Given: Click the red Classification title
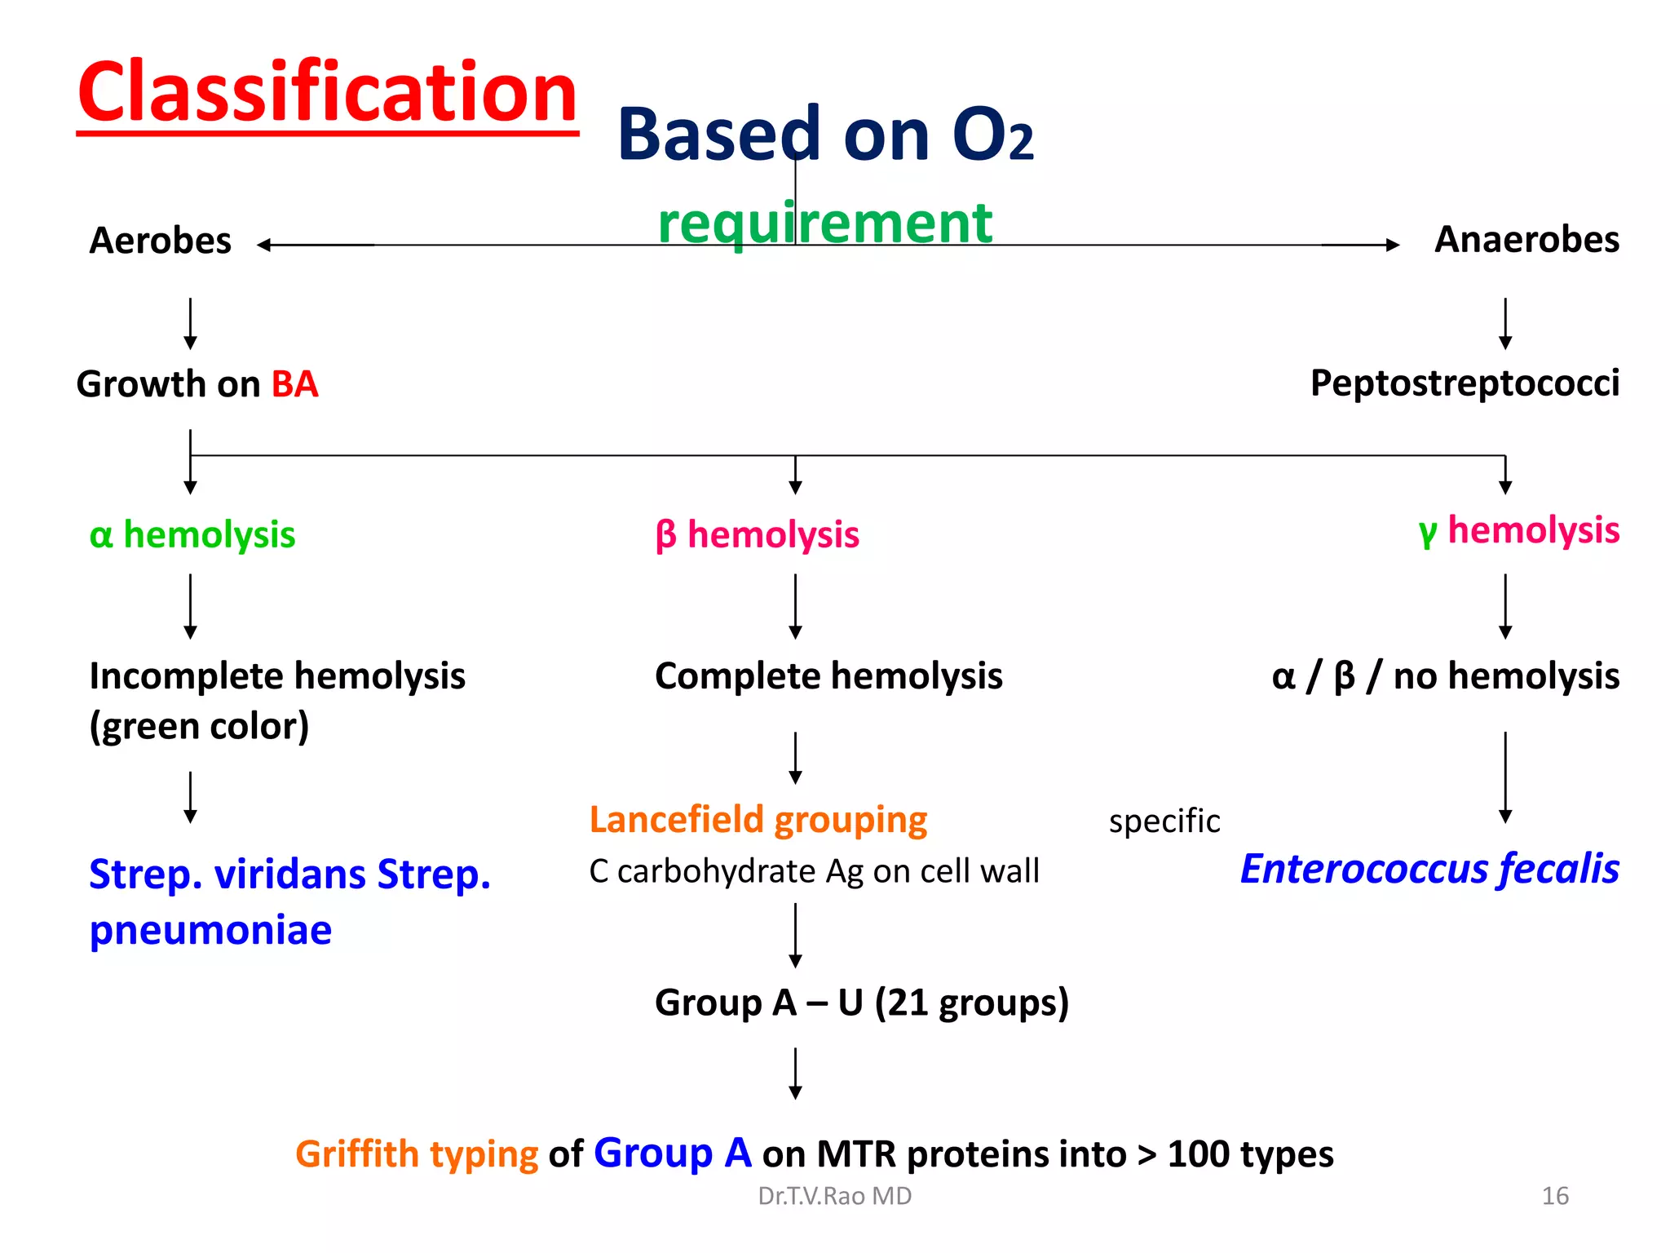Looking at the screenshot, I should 327,92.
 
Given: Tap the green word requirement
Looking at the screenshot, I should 824,222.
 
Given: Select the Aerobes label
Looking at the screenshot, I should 160,241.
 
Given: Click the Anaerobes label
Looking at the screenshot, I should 1526,240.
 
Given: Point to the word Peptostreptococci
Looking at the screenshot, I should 1464,383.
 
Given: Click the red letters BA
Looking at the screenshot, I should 294,384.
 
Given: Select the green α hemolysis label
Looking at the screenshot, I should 192,535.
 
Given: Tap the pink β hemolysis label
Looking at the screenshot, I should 757,535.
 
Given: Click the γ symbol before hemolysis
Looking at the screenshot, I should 1427,533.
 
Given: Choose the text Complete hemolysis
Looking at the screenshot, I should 828,676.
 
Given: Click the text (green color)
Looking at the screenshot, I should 199,726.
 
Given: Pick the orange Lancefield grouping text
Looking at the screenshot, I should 758,820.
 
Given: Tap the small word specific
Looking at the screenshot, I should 1164,821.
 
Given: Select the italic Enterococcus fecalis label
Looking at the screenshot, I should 1429,869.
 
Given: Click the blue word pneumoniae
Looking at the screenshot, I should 210,930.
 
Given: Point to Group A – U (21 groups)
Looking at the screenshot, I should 861,1003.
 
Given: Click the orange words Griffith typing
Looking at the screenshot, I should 416,1154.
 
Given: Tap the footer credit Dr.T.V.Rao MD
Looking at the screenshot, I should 834,1196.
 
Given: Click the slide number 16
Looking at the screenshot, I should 1554,1196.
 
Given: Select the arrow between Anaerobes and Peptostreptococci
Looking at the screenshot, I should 1504,324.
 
